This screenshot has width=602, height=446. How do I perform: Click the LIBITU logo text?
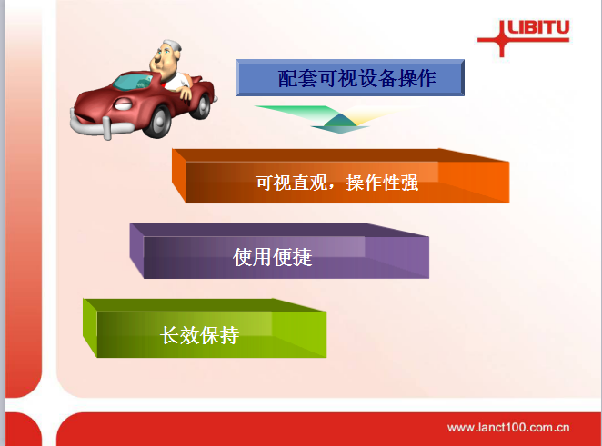pyautogui.click(x=538, y=27)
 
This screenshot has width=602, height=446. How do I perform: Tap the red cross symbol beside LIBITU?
pyautogui.click(x=502, y=39)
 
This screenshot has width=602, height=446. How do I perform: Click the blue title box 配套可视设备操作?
pyautogui.click(x=350, y=77)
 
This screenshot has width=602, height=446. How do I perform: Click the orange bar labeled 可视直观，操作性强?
pyautogui.click(x=340, y=176)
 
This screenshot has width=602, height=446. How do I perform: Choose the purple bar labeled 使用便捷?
pyautogui.click(x=279, y=251)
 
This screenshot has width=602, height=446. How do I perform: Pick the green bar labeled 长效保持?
pyautogui.click(x=205, y=328)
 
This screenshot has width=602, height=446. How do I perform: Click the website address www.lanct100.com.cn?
pyautogui.click(x=508, y=427)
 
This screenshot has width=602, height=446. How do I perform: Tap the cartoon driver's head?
pyautogui.click(x=166, y=56)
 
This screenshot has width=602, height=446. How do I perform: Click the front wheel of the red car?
pyautogui.click(x=156, y=122)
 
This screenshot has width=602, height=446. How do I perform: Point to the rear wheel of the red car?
pyautogui.click(x=201, y=105)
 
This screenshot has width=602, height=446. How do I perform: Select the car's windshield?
pyautogui.click(x=133, y=82)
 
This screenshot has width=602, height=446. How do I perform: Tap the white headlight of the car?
pyautogui.click(x=124, y=104)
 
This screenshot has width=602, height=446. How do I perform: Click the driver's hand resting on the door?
pyautogui.click(x=186, y=93)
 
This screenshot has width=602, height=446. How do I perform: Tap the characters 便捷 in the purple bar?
pyautogui.click(x=292, y=257)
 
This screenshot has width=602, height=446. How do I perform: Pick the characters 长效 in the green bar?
pyautogui.click(x=179, y=335)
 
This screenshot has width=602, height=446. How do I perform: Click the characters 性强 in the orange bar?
pyautogui.click(x=400, y=183)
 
